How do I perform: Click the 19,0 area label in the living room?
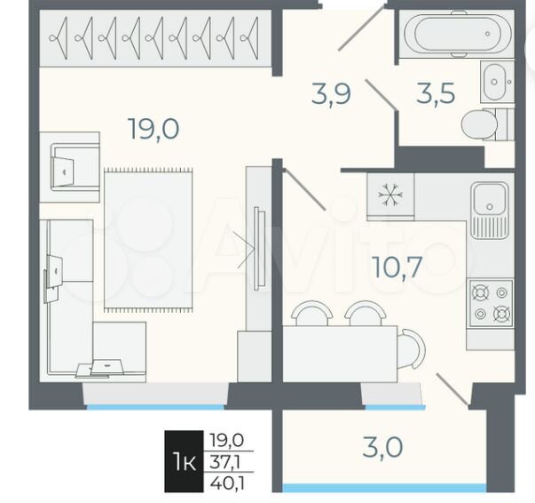coord(153,129)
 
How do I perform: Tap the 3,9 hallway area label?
coord(331,93)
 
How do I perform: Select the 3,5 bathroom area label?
coord(436,93)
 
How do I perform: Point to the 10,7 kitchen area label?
coord(397,267)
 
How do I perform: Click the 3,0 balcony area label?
coord(382,447)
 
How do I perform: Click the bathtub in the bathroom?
coord(458,34)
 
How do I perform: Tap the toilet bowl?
coord(479,124)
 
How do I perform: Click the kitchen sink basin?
coord(490,198)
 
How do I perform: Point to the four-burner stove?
coord(491,303)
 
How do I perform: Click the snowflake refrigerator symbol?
coord(390,195)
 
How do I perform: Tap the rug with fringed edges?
coord(148,240)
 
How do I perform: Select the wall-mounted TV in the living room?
coord(259,249)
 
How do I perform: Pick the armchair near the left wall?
coord(69,167)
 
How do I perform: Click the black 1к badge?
coord(184,461)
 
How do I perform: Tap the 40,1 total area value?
coord(228,483)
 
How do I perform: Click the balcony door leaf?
coord(452,389)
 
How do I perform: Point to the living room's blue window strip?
coord(156,407)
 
